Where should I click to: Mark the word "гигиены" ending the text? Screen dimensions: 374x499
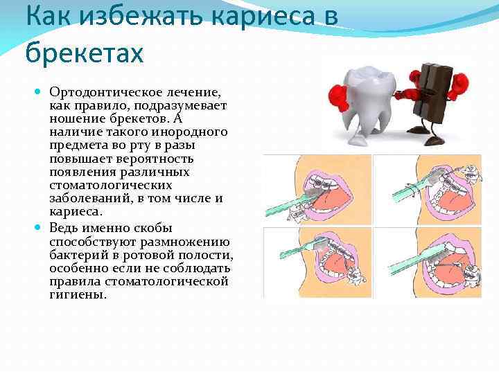(78, 294)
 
